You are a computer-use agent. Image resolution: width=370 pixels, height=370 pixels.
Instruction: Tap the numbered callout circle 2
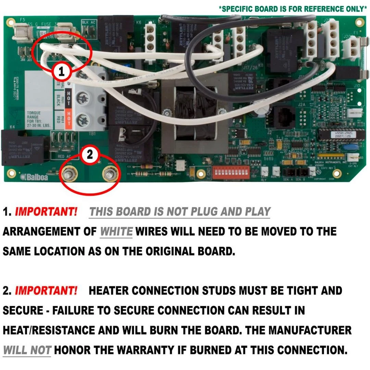(x=89, y=155)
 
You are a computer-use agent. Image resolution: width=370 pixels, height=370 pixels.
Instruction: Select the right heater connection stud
(x=110, y=175)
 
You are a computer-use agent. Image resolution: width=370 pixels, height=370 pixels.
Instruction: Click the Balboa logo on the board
(x=34, y=177)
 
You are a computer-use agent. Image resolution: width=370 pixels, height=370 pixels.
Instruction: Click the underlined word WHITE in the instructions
(x=116, y=232)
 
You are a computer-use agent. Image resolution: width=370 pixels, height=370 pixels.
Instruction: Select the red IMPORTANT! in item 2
(x=46, y=291)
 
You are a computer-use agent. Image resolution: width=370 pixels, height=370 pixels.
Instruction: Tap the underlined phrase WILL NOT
(x=27, y=350)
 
